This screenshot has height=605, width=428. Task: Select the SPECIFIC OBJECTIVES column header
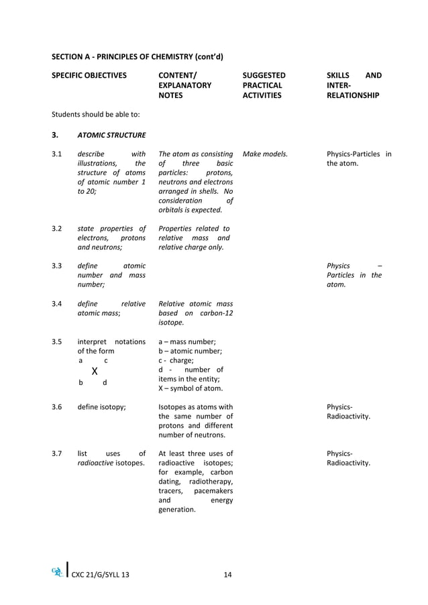(x=89, y=76)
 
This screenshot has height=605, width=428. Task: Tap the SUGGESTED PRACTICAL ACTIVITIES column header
(x=264, y=86)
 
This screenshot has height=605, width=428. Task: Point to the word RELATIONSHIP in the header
(x=352, y=96)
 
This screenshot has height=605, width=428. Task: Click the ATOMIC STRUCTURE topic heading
(x=111, y=135)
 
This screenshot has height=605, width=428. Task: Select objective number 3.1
(x=57, y=154)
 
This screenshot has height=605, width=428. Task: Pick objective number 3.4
(x=57, y=304)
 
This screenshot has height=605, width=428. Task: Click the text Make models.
(x=265, y=154)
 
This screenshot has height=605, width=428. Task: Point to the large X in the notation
(x=95, y=371)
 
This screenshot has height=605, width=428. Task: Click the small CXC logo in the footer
(x=58, y=572)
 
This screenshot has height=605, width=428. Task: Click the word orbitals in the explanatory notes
(x=173, y=210)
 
